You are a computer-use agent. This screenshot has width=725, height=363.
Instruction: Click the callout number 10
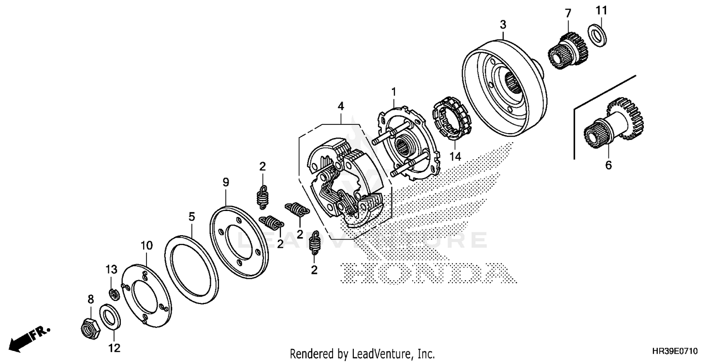coord(146,246)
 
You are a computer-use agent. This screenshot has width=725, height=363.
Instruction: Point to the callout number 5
coord(192,216)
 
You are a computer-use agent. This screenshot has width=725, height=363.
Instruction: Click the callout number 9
coord(226,182)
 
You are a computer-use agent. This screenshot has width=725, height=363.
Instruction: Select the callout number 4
coord(341,105)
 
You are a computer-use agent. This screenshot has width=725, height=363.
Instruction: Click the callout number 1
coord(394,91)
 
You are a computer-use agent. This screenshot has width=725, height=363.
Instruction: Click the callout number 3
coord(503,24)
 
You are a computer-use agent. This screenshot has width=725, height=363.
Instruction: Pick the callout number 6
coord(608,166)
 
